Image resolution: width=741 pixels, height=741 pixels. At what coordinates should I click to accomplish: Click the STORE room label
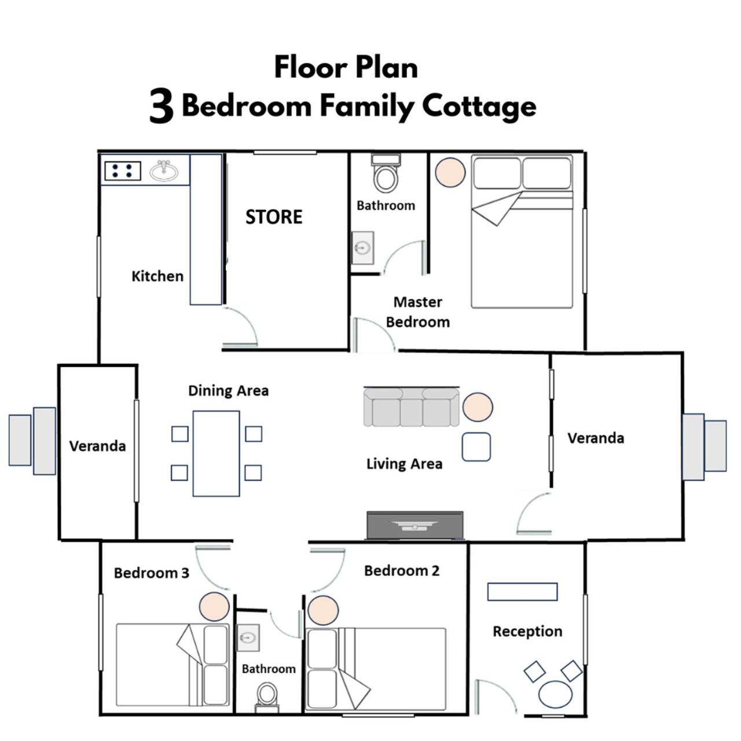point(274,217)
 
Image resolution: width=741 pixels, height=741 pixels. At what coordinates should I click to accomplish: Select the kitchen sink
point(164,170)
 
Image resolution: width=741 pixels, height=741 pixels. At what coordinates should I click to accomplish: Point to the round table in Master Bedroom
point(450,173)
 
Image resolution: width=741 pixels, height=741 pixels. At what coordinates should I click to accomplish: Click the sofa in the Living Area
point(411,407)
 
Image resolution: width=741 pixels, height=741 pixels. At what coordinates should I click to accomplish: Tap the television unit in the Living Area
point(415,525)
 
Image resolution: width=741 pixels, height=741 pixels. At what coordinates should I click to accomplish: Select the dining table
point(216,453)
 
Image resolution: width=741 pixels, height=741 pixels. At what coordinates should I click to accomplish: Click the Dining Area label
point(229,391)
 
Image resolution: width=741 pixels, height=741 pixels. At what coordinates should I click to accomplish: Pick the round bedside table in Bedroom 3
point(214,607)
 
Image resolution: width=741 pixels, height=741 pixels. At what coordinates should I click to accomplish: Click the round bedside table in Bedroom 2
point(323,610)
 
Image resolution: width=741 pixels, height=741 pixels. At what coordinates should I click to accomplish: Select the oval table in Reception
point(555,695)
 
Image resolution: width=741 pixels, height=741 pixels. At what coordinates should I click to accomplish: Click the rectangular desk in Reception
point(522,592)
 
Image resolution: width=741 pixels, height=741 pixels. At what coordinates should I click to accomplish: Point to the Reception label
point(527,632)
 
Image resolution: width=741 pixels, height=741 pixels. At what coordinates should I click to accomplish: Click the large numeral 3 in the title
point(162,106)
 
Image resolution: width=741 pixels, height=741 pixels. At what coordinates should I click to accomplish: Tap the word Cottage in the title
point(479,107)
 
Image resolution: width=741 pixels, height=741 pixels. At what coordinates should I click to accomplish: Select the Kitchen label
point(157,276)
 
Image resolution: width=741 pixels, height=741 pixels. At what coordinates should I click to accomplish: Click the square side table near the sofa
point(476,447)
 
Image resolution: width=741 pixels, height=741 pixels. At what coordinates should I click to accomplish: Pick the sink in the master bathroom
point(362,248)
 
